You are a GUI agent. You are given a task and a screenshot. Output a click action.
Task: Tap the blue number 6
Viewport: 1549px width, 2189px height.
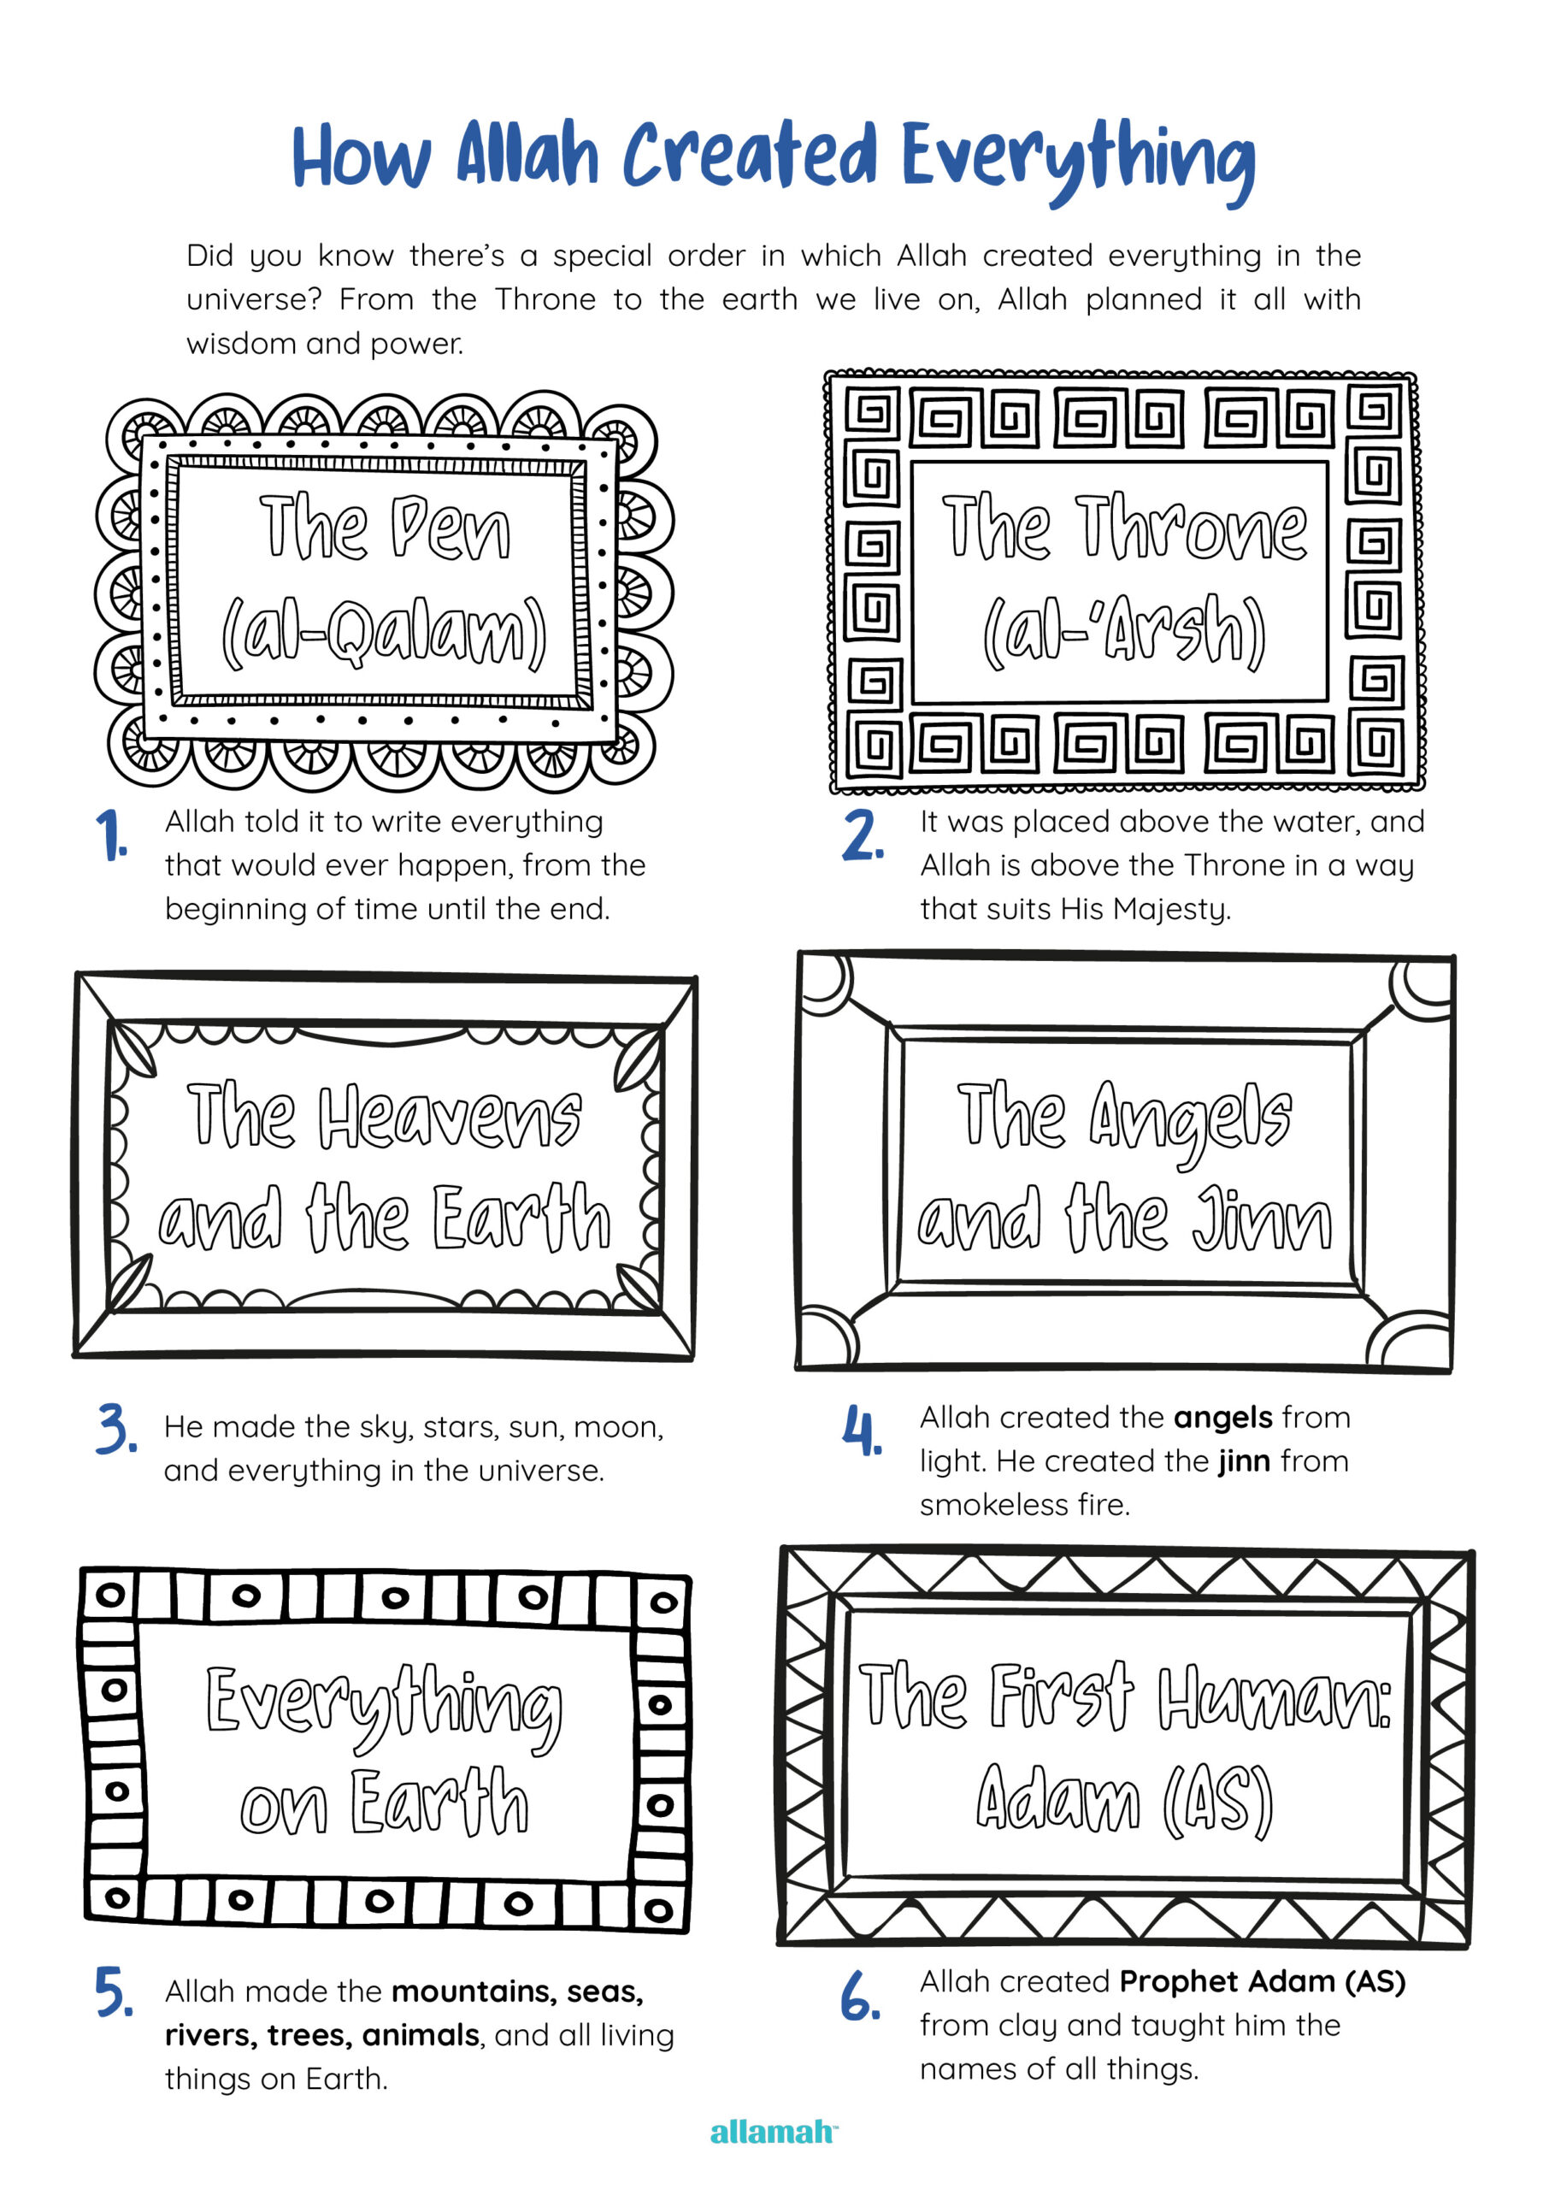pyautogui.click(x=859, y=1996)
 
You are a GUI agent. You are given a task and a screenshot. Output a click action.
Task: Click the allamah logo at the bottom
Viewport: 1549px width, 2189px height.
pyautogui.click(x=773, y=2132)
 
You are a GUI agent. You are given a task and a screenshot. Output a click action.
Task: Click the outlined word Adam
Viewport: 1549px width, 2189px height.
pyautogui.click(x=1057, y=1797)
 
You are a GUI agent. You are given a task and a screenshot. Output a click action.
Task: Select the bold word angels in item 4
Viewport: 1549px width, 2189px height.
pyautogui.click(x=1222, y=1419)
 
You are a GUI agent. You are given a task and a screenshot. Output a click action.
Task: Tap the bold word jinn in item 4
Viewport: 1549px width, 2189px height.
pyautogui.click(x=1244, y=1461)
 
